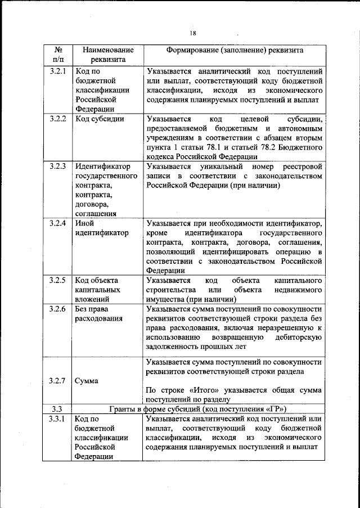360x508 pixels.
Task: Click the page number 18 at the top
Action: [192, 33]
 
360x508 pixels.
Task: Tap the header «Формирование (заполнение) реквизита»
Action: [235, 50]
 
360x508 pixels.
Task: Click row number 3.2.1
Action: [58, 71]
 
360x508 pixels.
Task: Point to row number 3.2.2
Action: [58, 119]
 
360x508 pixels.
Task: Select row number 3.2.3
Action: [58, 167]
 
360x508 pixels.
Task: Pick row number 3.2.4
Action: [58, 223]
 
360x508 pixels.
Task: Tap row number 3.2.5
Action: [58, 280]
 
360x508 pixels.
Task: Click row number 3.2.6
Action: [58, 309]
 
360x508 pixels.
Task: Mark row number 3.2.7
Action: [58, 381]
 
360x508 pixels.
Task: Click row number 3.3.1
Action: [58, 419]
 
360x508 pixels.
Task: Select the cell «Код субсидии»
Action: [100, 119]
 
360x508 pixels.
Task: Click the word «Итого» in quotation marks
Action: [208, 390]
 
